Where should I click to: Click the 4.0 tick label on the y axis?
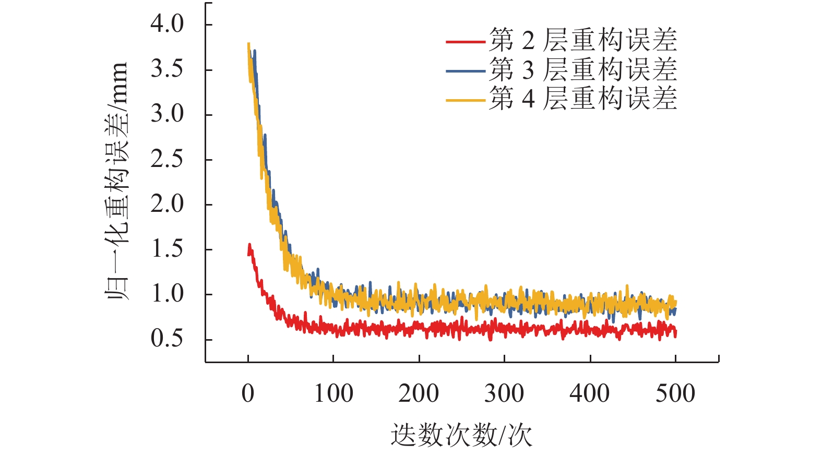tap(167, 24)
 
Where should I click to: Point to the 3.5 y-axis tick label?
tap(167, 69)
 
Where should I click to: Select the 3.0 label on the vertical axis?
tap(167, 114)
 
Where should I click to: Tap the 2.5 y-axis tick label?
tap(167, 159)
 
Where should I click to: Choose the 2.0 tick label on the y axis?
tap(167, 204)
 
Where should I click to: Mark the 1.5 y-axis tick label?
tap(167, 249)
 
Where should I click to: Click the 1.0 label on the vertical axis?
tap(167, 294)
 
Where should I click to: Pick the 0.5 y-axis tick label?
tap(167, 339)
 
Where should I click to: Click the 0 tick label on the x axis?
tap(248, 393)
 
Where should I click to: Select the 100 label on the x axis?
tap(333, 393)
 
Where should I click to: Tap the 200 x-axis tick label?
tap(419, 393)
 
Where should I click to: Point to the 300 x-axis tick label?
tap(504, 393)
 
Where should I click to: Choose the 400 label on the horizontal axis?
tap(590, 393)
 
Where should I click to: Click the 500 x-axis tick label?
tap(675, 393)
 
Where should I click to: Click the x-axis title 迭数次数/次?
tap(461, 435)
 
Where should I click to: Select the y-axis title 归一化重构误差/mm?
tap(116, 181)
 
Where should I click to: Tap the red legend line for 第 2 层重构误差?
tap(466, 41)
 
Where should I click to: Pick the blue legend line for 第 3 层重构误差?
tap(466, 70)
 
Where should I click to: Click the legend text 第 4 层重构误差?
tap(583, 99)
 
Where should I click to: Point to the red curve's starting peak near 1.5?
tap(249, 245)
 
